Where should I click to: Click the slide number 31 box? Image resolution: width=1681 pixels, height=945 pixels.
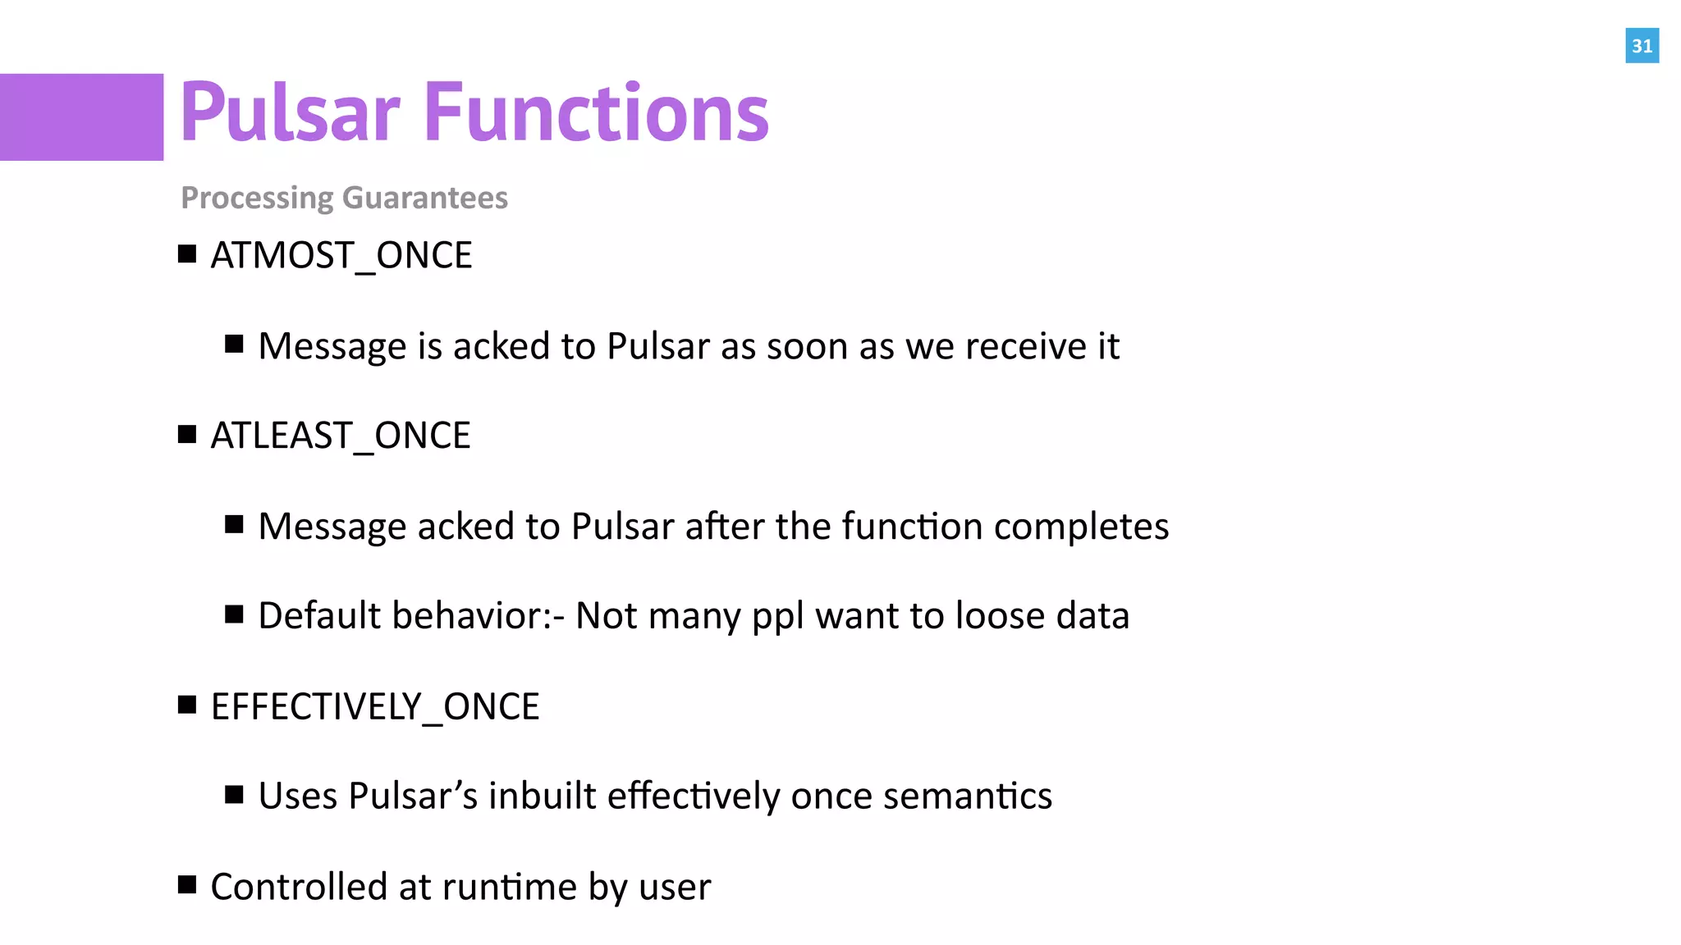(1642, 46)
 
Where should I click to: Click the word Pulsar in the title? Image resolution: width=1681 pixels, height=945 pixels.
(290, 113)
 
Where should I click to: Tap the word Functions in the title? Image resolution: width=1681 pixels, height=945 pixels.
(597, 113)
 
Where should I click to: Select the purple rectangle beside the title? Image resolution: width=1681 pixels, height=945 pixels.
(81, 117)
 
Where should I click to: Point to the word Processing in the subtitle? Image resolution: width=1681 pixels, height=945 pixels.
(257, 199)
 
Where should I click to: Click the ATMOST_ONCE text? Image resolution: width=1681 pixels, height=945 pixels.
(341, 256)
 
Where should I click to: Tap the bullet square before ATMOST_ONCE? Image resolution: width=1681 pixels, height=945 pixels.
(187, 254)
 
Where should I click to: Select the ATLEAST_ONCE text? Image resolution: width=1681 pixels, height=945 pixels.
(340, 436)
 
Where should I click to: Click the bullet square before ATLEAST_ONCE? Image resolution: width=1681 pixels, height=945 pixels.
(187, 434)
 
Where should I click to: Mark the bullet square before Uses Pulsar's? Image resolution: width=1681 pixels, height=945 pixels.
(234, 794)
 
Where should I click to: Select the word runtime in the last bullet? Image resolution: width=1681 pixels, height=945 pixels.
(509, 887)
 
